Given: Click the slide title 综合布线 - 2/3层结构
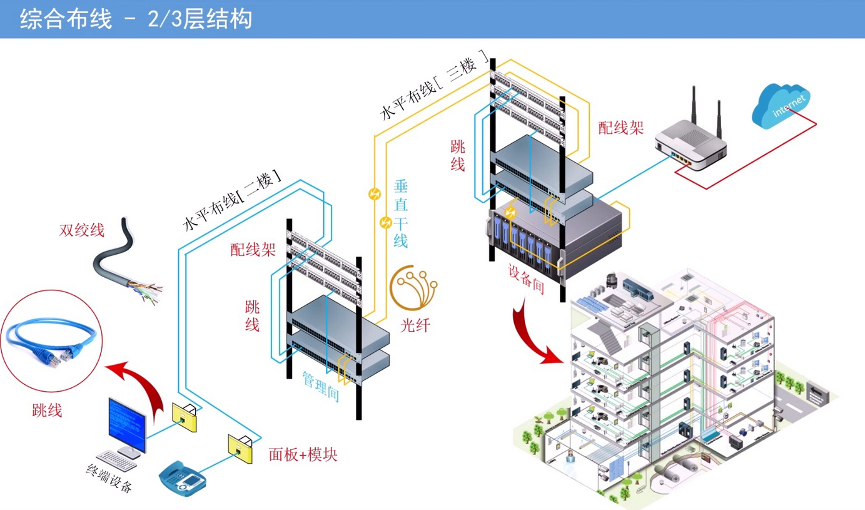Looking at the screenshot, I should pos(136,19).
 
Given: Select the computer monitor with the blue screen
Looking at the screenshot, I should pos(127,422).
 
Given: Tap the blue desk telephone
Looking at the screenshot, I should pos(183,478).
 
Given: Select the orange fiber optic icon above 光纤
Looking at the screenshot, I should pos(413,289).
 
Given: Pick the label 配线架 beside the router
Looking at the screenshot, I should pos(620,128).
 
